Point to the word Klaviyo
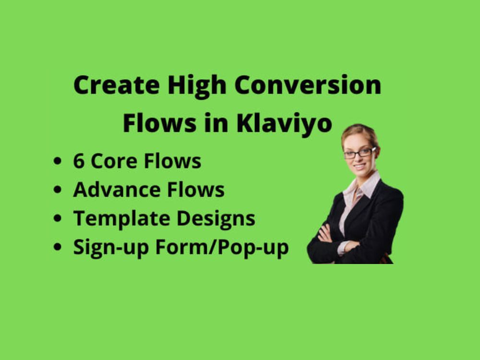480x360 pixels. (x=284, y=124)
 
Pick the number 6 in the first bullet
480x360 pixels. (x=79, y=162)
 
